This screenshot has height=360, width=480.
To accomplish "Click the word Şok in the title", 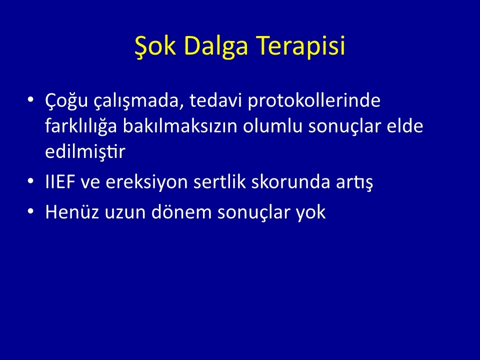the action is (x=155, y=46).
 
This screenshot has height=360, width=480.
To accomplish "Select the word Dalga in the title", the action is (x=216, y=46).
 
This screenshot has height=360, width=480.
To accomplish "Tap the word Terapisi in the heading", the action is (x=301, y=46).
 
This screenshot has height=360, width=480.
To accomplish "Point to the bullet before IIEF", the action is (x=30, y=181).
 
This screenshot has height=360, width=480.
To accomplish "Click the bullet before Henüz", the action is (x=30, y=211).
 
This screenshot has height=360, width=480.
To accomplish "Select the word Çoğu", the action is (x=66, y=100).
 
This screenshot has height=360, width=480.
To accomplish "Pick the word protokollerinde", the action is (x=314, y=100).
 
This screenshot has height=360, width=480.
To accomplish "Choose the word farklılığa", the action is (x=81, y=125).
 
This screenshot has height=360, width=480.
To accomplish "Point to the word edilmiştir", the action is (x=85, y=151).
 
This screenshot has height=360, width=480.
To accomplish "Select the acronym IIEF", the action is (x=60, y=182).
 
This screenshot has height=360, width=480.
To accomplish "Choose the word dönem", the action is (x=181, y=211).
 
